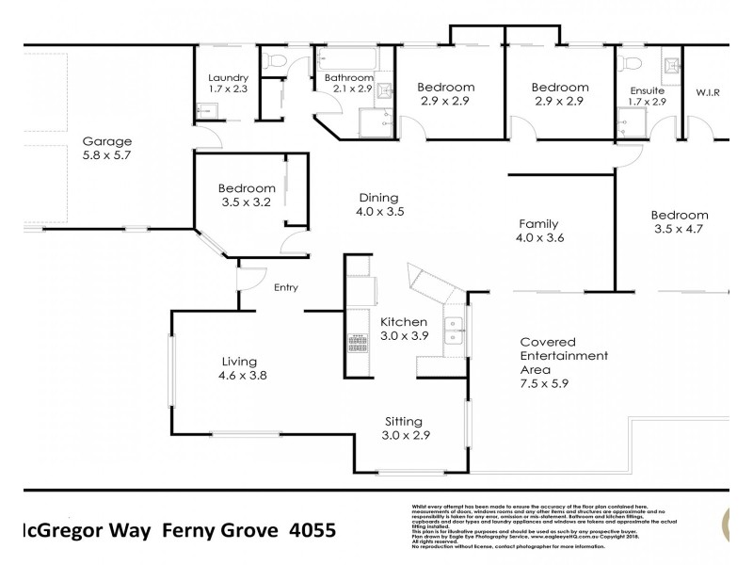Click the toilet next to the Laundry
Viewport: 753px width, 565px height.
(x=274, y=61)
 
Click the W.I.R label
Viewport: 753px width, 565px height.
(x=707, y=92)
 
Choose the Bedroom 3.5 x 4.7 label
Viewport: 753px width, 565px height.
(x=680, y=221)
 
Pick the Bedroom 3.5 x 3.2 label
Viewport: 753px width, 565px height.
(x=247, y=194)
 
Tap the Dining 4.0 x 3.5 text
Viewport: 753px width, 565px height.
(x=379, y=204)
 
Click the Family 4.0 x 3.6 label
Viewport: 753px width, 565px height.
(x=541, y=231)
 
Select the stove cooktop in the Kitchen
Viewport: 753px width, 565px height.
(x=358, y=343)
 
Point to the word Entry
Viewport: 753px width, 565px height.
(x=286, y=288)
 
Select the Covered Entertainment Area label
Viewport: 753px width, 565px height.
(x=564, y=363)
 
